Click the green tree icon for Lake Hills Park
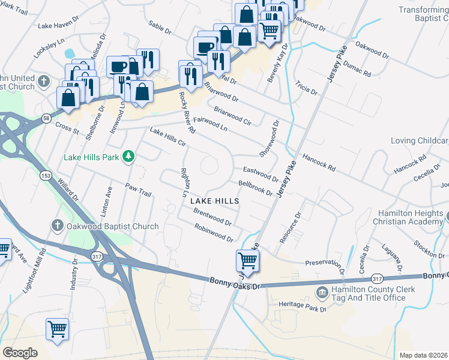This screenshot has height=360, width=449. (128, 157)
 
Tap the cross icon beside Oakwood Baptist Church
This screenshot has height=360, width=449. (57, 226)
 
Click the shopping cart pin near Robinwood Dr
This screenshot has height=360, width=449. (247, 260)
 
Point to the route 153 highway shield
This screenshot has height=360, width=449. (46, 176)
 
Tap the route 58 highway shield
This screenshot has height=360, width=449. (46, 119)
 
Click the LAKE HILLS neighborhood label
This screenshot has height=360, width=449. (215, 202)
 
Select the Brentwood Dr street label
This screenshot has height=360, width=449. (212, 217)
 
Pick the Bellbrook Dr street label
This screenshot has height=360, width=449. (255, 188)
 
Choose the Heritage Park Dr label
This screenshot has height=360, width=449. (302, 306)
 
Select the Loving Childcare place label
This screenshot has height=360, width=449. (419, 141)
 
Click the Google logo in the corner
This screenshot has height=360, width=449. (20, 353)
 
